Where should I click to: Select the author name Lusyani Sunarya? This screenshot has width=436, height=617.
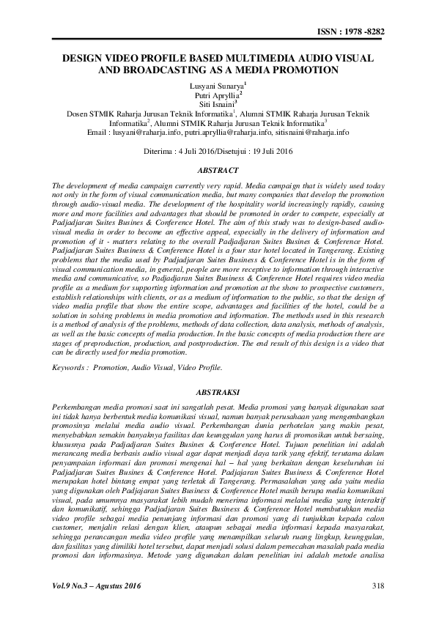(215, 86)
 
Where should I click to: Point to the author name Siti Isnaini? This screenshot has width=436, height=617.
(216, 105)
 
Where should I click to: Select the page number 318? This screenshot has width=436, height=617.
(379, 585)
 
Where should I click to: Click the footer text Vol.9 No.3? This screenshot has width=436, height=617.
(73, 585)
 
